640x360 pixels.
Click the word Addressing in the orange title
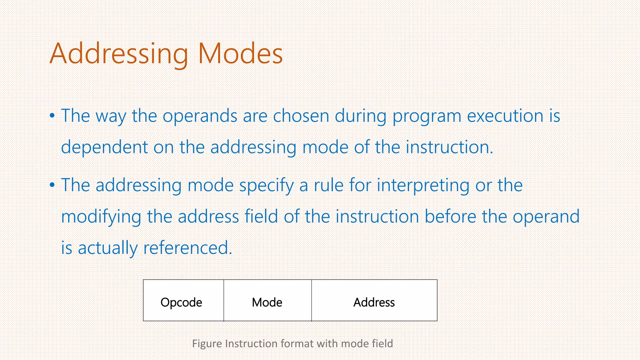119,54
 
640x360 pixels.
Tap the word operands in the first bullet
200,116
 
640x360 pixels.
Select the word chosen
301,116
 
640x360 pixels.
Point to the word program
427,117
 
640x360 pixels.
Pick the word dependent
104,147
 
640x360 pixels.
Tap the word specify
267,185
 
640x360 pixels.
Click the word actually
108,248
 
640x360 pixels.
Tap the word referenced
187,248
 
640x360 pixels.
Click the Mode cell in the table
267,301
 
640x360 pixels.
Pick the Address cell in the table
374,301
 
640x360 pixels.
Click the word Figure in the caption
207,343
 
